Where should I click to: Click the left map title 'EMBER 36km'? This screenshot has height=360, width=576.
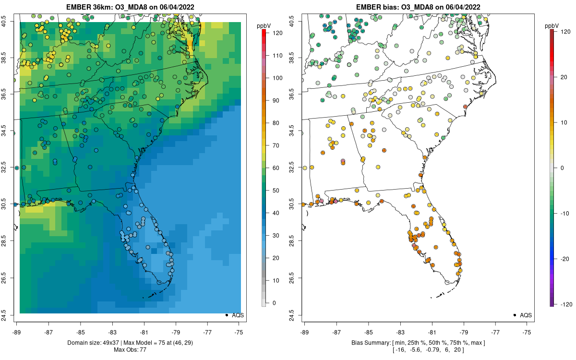point(89,7)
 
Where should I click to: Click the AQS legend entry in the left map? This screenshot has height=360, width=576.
point(238,315)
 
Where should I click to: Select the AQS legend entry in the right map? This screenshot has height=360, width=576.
point(526,315)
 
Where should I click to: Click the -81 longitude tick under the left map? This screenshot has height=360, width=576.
point(144,332)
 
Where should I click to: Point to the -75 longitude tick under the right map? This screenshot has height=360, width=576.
point(527,332)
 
